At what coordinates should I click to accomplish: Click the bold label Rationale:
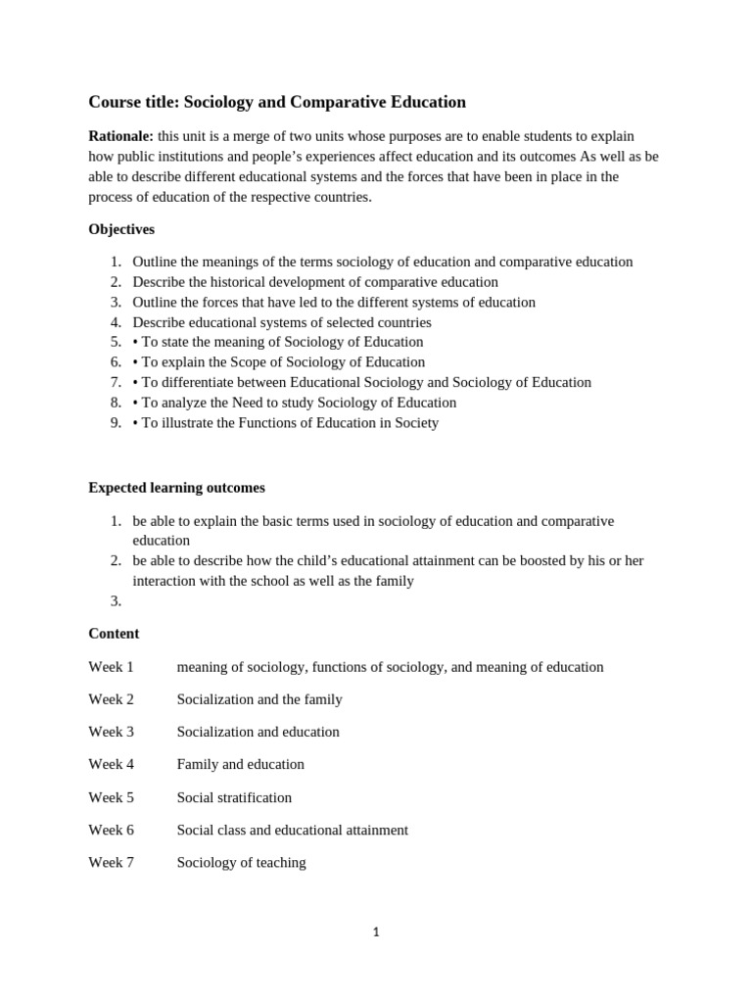(x=120, y=136)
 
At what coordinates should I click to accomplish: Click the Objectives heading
(x=121, y=229)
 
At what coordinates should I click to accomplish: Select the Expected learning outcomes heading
(x=176, y=488)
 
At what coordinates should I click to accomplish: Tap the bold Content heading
(x=114, y=634)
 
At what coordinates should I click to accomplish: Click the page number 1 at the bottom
(x=376, y=932)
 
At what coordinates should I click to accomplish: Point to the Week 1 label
(x=111, y=667)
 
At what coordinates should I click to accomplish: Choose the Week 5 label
(x=111, y=797)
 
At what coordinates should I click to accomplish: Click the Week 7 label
(x=111, y=862)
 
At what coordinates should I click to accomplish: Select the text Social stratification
(x=234, y=797)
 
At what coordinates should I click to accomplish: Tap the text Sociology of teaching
(x=241, y=862)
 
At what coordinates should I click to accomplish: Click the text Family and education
(x=240, y=764)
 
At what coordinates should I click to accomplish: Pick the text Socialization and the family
(x=259, y=699)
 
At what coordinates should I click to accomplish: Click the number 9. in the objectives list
(x=116, y=423)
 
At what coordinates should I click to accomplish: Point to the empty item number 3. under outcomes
(x=116, y=600)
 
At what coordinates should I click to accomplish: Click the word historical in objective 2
(x=238, y=282)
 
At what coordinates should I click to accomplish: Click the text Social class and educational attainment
(x=292, y=830)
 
